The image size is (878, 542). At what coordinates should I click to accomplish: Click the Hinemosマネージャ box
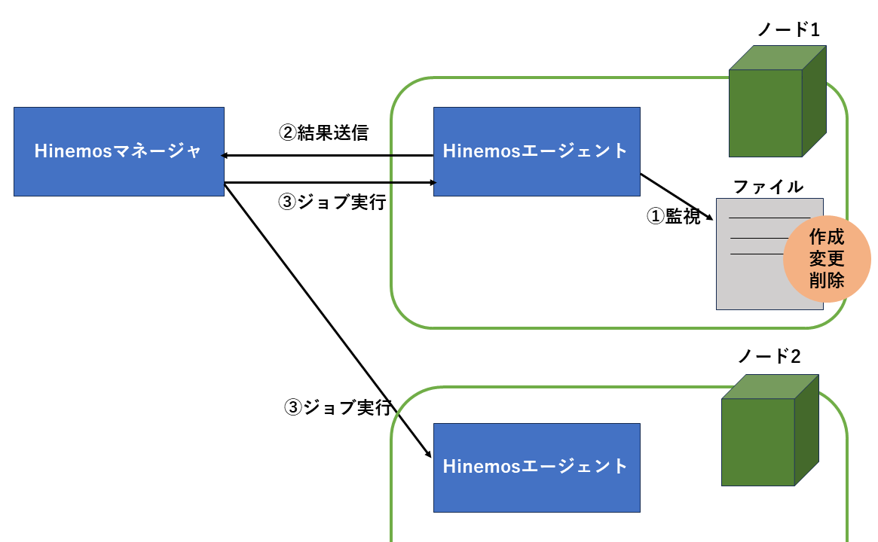(x=118, y=151)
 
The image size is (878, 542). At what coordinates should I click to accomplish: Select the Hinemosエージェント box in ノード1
(x=536, y=151)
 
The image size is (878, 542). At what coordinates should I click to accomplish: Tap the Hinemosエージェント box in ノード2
(x=536, y=467)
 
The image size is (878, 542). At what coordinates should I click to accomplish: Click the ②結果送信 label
(x=323, y=133)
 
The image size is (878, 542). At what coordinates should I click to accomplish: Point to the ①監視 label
(x=673, y=216)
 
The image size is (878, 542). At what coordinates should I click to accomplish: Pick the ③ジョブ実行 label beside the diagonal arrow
(x=337, y=408)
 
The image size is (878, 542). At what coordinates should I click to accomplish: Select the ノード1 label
(x=788, y=30)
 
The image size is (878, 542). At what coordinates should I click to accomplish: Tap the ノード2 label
(x=768, y=356)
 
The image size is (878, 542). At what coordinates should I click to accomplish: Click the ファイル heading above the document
(x=768, y=186)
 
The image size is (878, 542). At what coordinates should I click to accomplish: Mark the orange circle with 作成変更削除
(x=827, y=258)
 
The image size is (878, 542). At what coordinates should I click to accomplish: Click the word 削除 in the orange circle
(x=827, y=279)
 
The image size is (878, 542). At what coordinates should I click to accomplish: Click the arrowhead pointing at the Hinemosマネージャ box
(x=224, y=156)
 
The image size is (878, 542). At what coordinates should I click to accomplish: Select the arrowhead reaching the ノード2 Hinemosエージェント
(x=427, y=455)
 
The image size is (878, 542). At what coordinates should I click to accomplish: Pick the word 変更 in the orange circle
(x=827, y=258)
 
